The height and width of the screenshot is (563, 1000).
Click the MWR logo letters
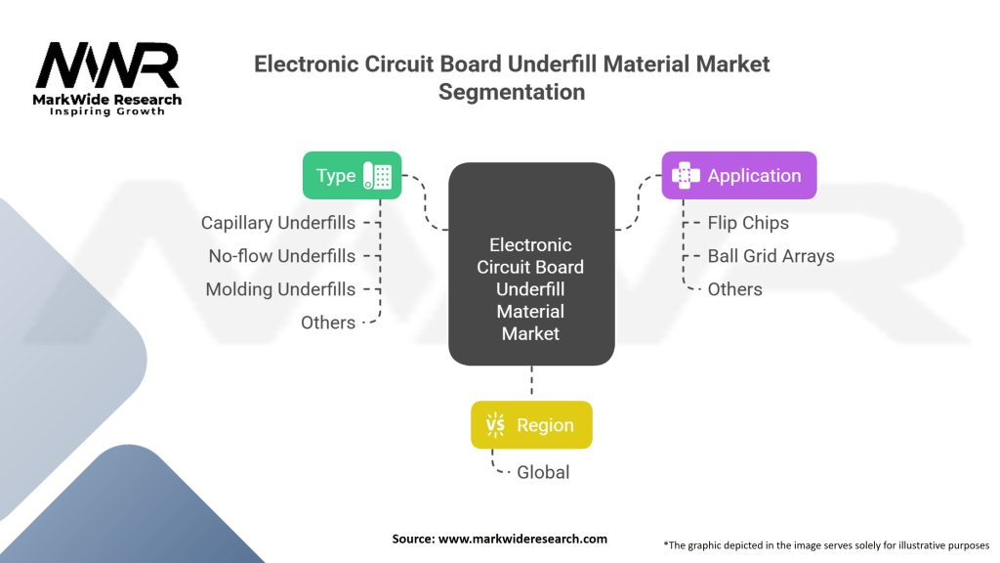[x=107, y=65]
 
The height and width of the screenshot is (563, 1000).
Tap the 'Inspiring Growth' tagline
[x=107, y=111]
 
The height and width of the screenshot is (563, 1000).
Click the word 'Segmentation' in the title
[x=512, y=92]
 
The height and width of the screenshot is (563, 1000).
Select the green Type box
[x=352, y=176]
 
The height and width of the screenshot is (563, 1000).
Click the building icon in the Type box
[x=378, y=176]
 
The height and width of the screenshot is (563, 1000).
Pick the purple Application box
[x=738, y=176]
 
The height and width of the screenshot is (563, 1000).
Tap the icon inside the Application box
[x=687, y=176]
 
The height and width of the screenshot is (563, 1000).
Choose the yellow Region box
[x=530, y=425]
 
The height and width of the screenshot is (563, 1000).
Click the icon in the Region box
[x=496, y=425]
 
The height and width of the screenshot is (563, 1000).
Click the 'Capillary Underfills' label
[x=278, y=223]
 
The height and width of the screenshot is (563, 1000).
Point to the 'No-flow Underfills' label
[x=282, y=256]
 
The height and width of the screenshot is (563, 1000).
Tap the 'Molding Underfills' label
[x=280, y=289]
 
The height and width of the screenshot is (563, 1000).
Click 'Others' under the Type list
[x=328, y=323]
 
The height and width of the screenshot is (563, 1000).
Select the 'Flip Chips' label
[x=748, y=223]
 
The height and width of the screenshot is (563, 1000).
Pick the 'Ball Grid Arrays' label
[x=771, y=256]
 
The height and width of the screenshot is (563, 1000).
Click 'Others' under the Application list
[x=734, y=289]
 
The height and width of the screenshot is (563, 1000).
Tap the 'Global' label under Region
[x=542, y=472]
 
